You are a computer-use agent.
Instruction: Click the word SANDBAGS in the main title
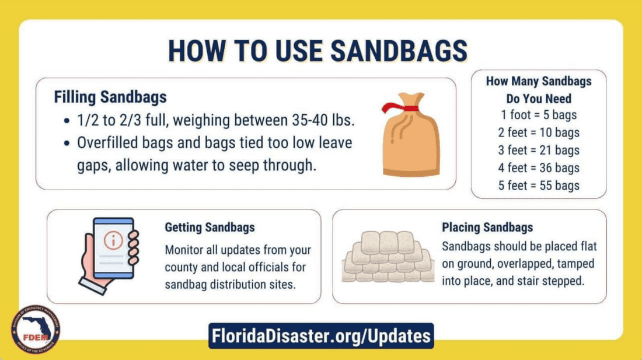[x=399, y=51]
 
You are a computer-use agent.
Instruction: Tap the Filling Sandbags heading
[x=110, y=97]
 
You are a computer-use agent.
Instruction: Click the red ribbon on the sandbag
[x=400, y=108]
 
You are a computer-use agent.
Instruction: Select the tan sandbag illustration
[x=411, y=134]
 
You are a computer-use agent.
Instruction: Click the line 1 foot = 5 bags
[x=539, y=115]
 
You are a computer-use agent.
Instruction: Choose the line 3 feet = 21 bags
[x=539, y=150]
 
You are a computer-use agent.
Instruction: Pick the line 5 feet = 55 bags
[x=539, y=186]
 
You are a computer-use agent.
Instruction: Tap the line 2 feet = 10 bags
[x=539, y=132]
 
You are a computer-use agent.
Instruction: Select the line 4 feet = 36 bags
[x=539, y=167]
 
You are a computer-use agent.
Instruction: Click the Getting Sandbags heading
[x=210, y=228]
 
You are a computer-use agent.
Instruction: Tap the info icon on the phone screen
[x=113, y=240]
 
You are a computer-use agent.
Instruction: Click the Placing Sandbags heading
[x=487, y=228]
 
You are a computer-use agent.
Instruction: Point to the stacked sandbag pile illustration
[x=388, y=257]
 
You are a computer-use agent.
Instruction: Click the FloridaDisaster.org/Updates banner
[x=321, y=336]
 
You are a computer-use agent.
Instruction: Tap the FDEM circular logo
[x=36, y=329]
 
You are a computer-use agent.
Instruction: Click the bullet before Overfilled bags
[x=67, y=144]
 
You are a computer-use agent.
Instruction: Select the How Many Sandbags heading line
[x=539, y=82]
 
